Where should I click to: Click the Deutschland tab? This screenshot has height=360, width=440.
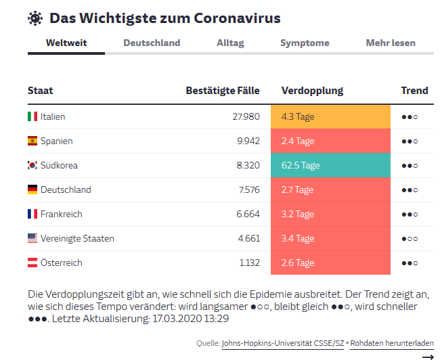point(152,43)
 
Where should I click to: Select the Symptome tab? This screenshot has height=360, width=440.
point(305,43)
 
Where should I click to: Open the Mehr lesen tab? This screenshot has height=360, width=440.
point(391,43)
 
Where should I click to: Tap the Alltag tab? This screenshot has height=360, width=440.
point(230,43)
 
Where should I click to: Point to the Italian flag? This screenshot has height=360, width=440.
point(32,116)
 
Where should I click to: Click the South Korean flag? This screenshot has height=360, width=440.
point(32,165)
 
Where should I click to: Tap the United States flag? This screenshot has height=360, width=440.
point(32,238)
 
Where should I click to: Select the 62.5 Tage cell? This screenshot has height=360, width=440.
point(330,165)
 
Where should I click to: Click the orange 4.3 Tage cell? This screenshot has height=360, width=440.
point(330,116)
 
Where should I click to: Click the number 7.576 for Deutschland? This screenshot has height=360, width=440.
point(248,189)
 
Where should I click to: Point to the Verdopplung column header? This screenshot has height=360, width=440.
point(312,91)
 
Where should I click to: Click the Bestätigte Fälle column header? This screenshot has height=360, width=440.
point(223,91)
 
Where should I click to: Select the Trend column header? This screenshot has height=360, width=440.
point(414,91)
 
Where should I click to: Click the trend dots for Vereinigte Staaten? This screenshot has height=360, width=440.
point(410,238)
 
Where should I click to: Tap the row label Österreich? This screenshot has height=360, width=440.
point(61,263)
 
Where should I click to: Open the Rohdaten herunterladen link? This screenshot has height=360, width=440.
point(392,343)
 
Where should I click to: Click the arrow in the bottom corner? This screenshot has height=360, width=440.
point(427,356)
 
